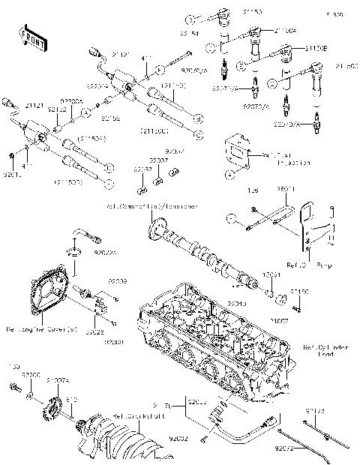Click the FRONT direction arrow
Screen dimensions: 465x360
click(31, 35)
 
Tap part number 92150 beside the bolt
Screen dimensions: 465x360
click(299, 290)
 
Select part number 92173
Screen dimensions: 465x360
click(316, 411)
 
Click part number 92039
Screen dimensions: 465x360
click(118, 280)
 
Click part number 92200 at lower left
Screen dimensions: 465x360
click(30, 374)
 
